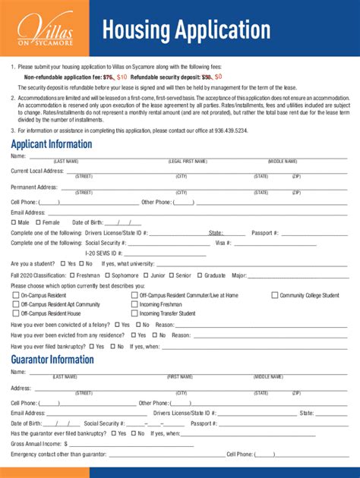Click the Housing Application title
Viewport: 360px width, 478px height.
[186, 30]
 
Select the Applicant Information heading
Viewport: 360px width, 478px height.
[52, 144]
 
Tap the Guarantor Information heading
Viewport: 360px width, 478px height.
[52, 360]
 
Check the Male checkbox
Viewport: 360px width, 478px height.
[14, 222]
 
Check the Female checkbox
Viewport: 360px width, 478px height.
[38, 222]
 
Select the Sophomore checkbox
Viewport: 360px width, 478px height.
[107, 275]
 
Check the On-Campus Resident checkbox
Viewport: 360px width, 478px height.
[15, 295]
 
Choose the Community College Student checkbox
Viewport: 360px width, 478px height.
[276, 295]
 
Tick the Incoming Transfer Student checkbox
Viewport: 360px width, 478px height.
[134, 313]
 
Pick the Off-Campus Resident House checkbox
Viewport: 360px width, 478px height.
[15, 313]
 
